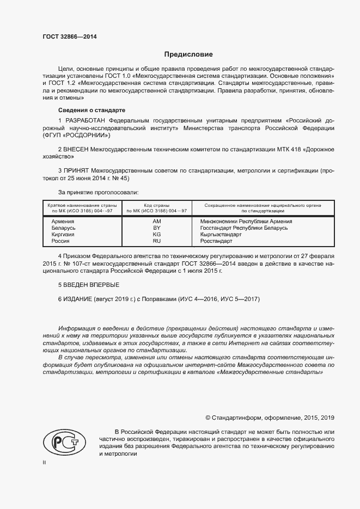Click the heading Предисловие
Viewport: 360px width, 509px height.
(x=189, y=55)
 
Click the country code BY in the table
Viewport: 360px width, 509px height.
(x=157, y=228)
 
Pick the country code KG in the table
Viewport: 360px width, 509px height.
(x=157, y=235)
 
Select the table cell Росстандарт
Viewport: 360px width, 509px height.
(x=216, y=241)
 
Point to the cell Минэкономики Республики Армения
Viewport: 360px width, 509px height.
(x=246, y=222)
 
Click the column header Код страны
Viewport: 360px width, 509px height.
(x=157, y=205)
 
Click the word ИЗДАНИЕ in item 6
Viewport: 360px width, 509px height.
(x=78, y=299)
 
